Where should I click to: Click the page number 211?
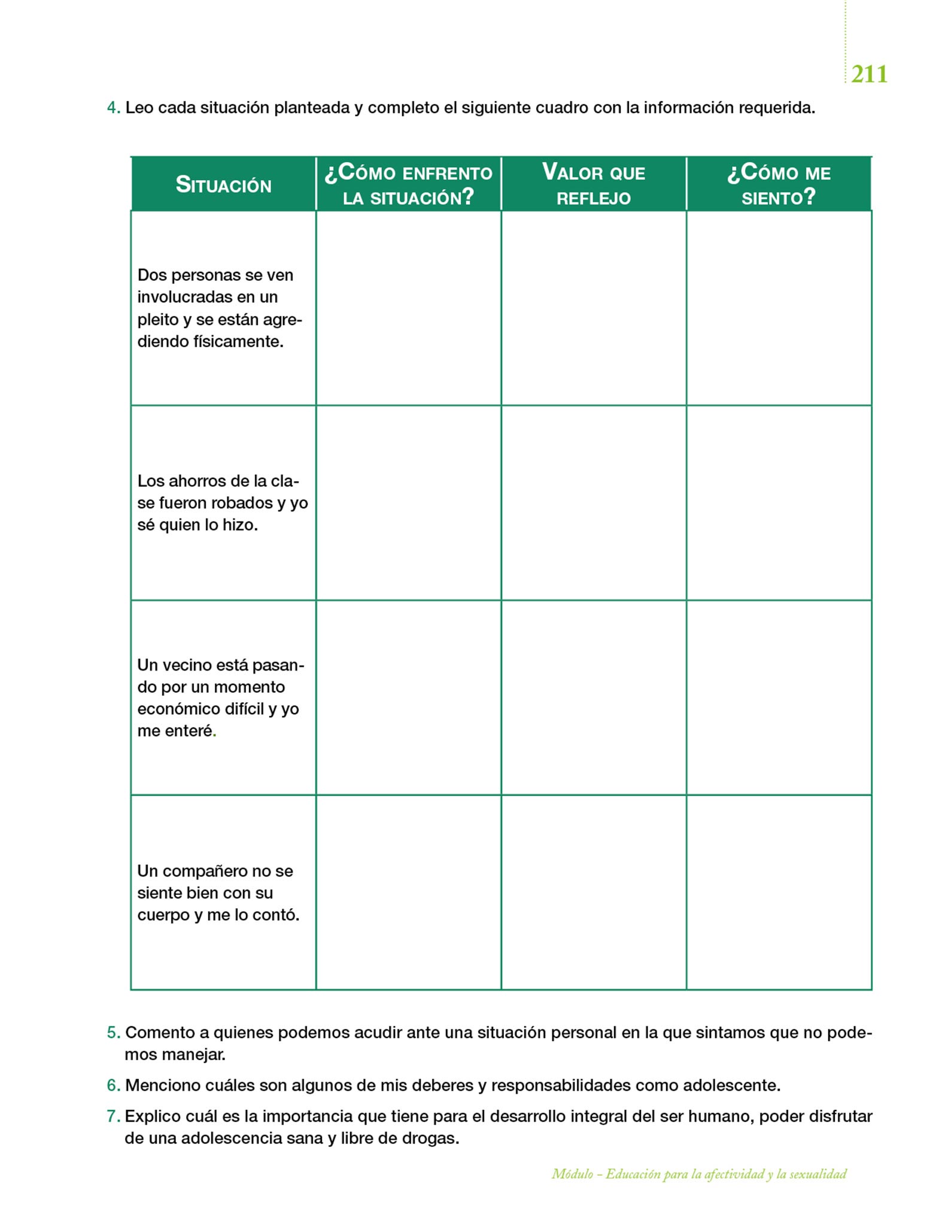click(x=869, y=74)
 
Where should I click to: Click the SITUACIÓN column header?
click(x=223, y=185)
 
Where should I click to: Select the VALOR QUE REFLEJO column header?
click(x=594, y=184)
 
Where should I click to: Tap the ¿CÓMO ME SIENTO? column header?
click(x=779, y=184)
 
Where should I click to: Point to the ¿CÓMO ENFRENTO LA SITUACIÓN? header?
click(x=408, y=184)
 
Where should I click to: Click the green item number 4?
click(x=113, y=108)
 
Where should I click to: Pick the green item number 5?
click(x=113, y=1032)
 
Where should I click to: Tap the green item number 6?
click(x=113, y=1085)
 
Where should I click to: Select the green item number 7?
click(x=113, y=1116)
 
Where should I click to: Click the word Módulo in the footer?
click(x=572, y=1175)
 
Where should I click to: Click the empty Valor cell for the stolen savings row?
click(x=594, y=503)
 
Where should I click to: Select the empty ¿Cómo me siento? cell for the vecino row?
click(x=779, y=697)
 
